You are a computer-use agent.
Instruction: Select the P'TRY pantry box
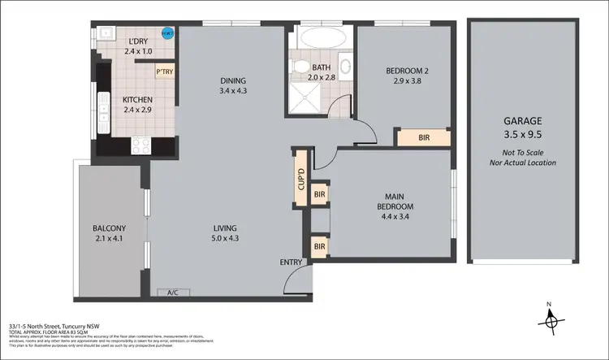165,71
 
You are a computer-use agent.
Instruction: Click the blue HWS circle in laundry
168,34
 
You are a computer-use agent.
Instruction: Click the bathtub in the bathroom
322,37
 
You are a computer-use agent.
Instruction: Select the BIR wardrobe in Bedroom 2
423,138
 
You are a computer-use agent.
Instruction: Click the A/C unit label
173,292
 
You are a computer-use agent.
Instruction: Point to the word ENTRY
291,262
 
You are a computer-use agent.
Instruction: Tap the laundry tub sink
105,33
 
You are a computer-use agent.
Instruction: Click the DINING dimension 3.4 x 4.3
232,92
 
